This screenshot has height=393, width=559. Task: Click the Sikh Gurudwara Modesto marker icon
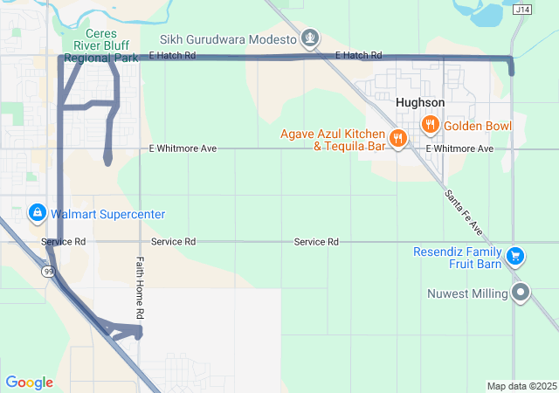coord(310,38)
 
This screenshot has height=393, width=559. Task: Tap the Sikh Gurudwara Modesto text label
coord(229,39)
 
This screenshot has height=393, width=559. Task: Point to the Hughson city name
coord(419,102)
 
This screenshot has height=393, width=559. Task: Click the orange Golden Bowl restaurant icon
coord(430,125)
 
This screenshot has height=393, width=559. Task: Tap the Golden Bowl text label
coord(478,126)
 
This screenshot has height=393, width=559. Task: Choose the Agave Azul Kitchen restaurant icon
coord(398,138)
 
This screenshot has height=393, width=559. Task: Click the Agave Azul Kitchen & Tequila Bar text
coord(333,140)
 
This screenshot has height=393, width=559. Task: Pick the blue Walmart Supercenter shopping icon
coord(38,213)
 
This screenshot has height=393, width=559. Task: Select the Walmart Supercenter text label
coord(108,214)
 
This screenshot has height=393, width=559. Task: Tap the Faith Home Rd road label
coord(140,287)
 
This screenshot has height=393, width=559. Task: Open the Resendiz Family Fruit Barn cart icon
coord(516,256)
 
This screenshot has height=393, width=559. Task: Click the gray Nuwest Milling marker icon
coord(521,293)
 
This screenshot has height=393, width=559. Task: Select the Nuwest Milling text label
coord(467,293)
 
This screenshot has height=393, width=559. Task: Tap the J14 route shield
coord(522,10)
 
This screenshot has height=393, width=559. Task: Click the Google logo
coord(29,383)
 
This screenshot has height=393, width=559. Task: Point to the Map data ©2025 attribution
coord(521,386)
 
